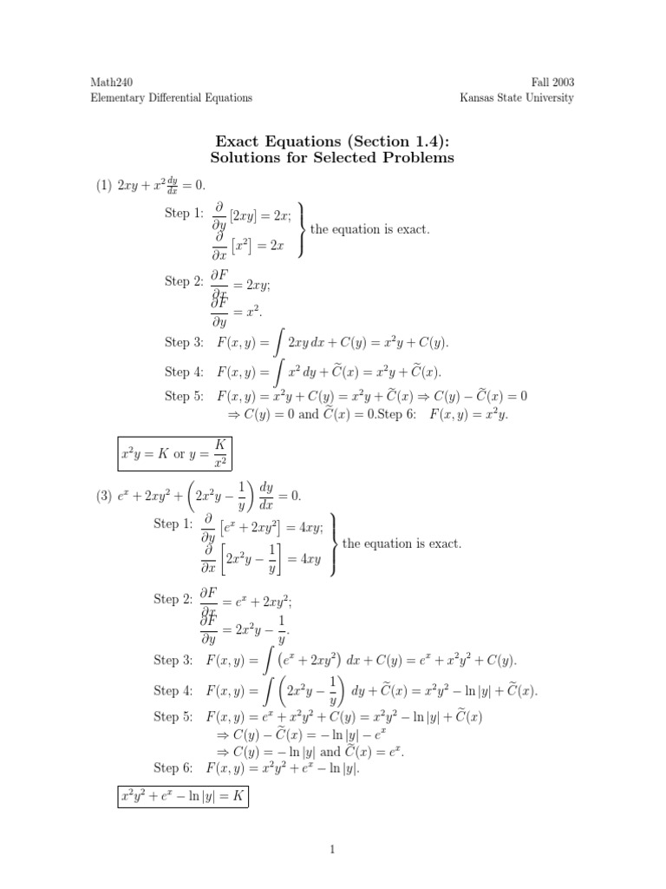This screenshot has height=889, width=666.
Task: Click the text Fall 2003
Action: coord(552,82)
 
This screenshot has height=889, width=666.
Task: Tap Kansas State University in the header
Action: coord(516,98)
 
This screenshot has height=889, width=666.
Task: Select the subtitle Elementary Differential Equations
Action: coord(172,98)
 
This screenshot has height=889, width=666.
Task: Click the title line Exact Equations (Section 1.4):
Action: coord(333,141)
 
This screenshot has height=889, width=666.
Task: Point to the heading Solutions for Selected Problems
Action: coord(333,158)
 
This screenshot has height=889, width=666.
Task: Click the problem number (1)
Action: coord(104,185)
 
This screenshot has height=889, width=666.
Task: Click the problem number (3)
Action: coord(104,496)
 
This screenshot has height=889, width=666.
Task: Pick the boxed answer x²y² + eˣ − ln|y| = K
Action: coord(182,795)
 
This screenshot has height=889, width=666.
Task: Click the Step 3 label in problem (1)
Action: coord(183,342)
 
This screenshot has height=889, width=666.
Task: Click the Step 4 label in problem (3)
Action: coord(173,690)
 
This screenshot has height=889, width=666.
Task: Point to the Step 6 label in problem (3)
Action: coord(173,767)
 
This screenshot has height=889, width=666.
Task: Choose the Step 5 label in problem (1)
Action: coord(183,396)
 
